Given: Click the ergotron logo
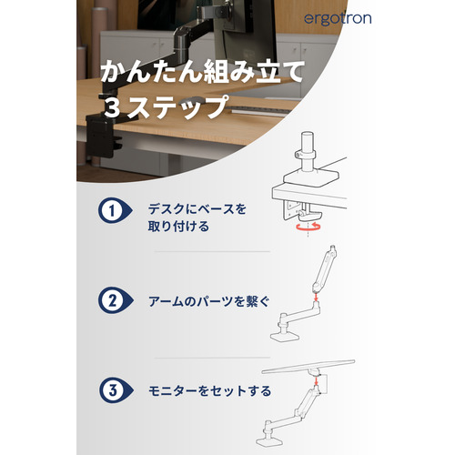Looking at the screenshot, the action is (338, 19).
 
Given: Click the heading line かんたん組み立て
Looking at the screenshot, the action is (202, 72).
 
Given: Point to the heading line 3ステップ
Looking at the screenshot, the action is (167, 106).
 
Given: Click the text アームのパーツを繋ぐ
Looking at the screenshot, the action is (208, 301).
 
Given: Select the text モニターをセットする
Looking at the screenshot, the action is (209, 390).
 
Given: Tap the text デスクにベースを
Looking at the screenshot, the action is (197, 209).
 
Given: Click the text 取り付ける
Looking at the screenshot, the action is (178, 227).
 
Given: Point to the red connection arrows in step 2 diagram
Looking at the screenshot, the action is (316, 296).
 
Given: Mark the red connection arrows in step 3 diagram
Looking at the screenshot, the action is (316, 382).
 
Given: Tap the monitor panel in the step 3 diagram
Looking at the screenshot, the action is (308, 367).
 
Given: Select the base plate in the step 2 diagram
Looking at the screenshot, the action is (285, 337).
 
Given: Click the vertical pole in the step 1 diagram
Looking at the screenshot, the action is (308, 151).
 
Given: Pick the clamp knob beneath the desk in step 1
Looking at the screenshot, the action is (308, 216).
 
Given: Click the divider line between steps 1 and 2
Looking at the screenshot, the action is (212, 251).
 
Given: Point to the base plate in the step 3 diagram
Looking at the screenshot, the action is (269, 440).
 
